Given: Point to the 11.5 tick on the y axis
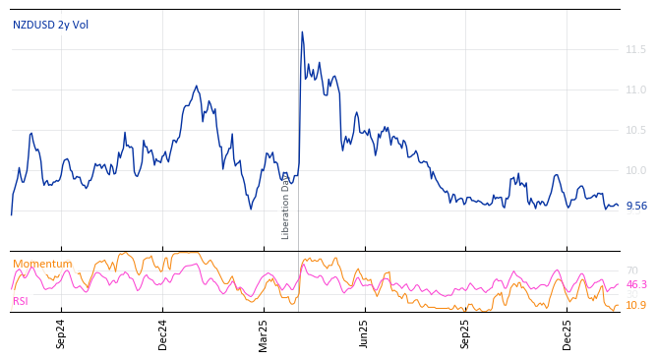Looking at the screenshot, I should [x=635, y=49].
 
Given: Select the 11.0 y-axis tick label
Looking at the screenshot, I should [x=635, y=90].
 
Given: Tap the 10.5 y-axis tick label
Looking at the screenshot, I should [x=635, y=130].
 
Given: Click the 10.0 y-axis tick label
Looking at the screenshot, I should [x=635, y=170].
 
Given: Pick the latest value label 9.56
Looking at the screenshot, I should [x=636, y=206].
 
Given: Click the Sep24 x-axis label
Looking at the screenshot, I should [x=61, y=333].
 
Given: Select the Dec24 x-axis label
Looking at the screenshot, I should [x=162, y=333].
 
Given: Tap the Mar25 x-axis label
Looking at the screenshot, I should [x=264, y=333].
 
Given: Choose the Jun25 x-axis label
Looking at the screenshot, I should [x=364, y=333].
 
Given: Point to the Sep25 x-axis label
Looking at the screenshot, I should [x=465, y=333].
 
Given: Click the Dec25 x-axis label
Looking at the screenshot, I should [x=567, y=333].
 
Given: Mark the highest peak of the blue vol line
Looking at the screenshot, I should [x=302, y=31].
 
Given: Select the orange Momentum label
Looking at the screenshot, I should [x=42, y=264].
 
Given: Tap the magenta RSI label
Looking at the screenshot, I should [x=21, y=301].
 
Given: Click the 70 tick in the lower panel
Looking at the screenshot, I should [x=631, y=270].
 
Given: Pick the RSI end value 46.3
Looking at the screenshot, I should [x=636, y=284].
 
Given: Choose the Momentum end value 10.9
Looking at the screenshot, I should [x=636, y=305].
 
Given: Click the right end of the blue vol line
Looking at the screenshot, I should [x=618, y=205].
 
